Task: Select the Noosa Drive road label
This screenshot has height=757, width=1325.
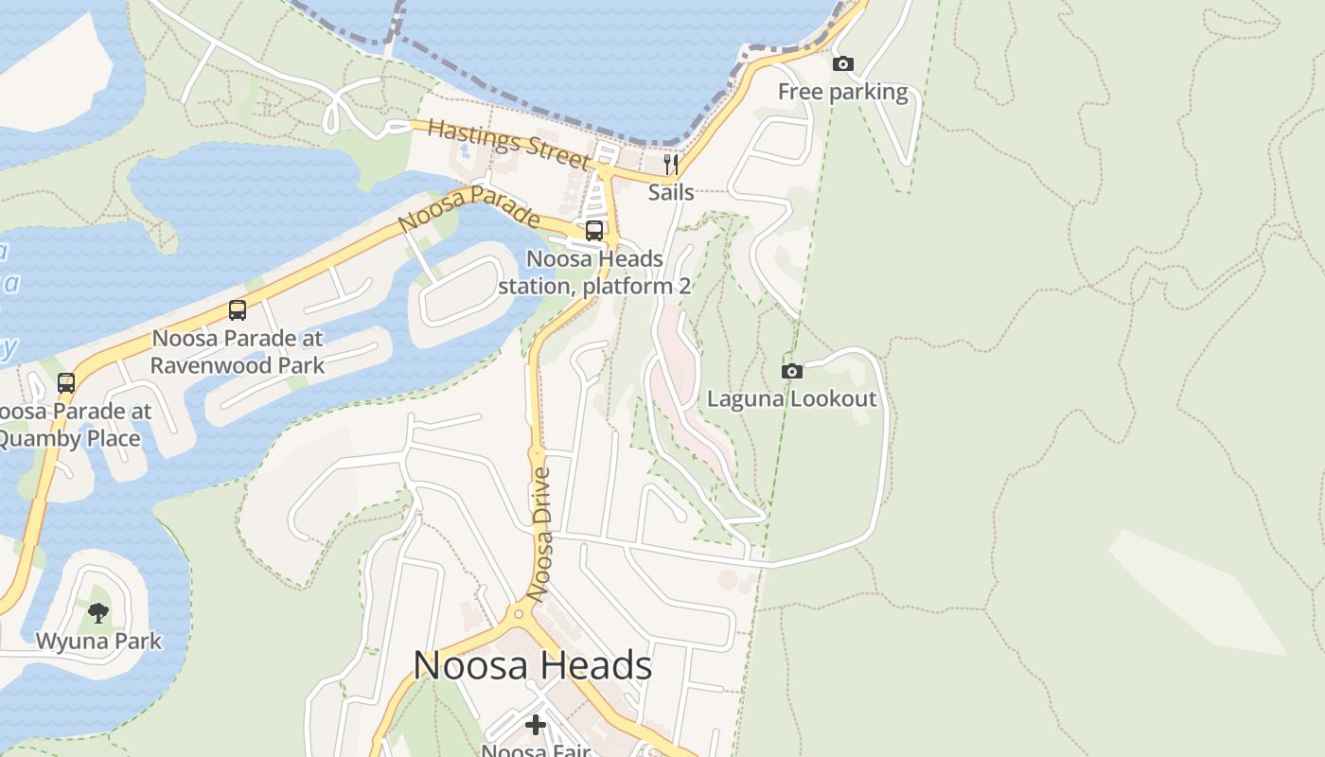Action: (x=539, y=535)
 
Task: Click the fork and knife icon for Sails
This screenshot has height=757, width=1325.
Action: (x=671, y=165)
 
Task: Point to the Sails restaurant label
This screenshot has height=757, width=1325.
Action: (x=671, y=192)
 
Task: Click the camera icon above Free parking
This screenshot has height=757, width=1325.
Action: (x=842, y=64)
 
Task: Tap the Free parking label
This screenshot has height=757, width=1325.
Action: (x=842, y=92)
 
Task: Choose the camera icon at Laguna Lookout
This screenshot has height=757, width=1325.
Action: (x=792, y=371)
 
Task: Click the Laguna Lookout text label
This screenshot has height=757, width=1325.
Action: (x=792, y=398)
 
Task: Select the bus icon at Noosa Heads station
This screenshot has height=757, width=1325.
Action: (x=594, y=230)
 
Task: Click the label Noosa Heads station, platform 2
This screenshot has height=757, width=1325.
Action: (x=594, y=272)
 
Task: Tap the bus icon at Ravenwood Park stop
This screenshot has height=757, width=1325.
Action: (x=238, y=310)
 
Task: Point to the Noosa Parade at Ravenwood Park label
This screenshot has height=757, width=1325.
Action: (x=238, y=351)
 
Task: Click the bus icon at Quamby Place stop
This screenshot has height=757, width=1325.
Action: (x=66, y=383)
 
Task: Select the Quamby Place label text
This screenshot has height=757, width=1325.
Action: (x=68, y=438)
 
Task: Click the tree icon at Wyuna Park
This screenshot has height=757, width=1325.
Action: (x=98, y=613)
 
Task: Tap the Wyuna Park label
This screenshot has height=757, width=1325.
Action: (x=98, y=641)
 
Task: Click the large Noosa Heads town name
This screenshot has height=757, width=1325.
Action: (x=532, y=665)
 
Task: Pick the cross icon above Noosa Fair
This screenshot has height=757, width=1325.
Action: (x=536, y=725)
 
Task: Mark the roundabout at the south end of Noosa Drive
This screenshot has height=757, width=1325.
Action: (x=518, y=614)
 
